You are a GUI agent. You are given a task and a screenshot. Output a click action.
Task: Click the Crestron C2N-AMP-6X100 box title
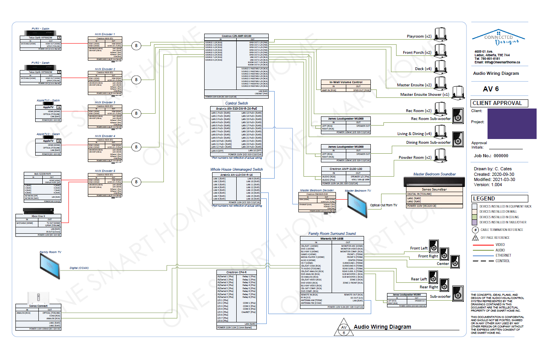click(x=236, y=36)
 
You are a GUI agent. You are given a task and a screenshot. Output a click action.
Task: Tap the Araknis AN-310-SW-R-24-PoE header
click(x=236, y=109)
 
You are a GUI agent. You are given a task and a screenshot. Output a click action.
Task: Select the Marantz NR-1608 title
click(x=332, y=239)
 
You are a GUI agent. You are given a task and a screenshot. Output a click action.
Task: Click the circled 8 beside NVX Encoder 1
click(x=136, y=46)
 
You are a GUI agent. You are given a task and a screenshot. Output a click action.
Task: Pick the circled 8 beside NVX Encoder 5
click(x=136, y=182)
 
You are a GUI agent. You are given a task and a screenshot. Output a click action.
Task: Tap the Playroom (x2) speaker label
click(x=419, y=36)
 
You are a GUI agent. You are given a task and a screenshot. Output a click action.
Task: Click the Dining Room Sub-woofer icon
click(x=458, y=139)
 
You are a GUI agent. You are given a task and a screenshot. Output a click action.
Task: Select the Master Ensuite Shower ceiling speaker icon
click(x=458, y=93)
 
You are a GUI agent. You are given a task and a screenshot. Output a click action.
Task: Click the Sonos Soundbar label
click(x=434, y=189)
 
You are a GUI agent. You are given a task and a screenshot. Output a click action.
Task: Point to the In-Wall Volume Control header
click(x=346, y=82)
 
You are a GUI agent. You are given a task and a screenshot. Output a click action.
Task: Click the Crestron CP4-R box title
click(x=236, y=272)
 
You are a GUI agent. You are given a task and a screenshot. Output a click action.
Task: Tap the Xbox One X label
click(x=38, y=216)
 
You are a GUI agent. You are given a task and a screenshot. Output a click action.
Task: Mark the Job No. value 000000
click(x=501, y=156)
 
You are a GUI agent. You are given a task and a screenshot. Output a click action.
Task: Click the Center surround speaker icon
click(x=455, y=261)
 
